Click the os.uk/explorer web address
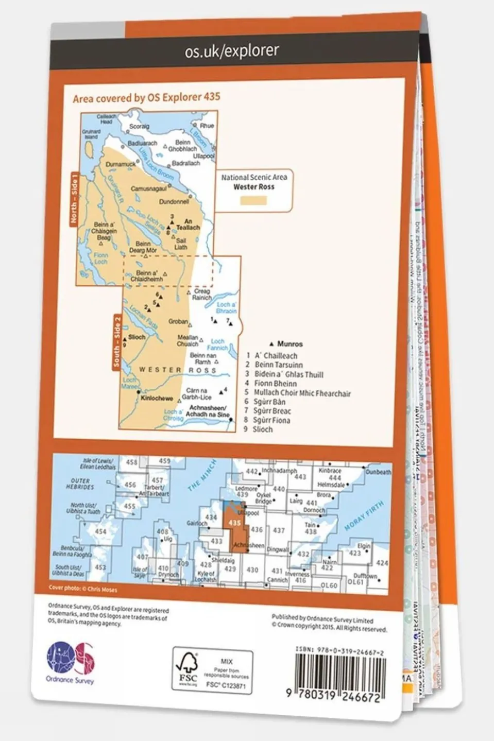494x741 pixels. pyautogui.click(x=232, y=50)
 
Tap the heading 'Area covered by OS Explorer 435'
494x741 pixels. pyautogui.click(x=146, y=97)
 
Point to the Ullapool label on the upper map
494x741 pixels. pyautogui.click(x=203, y=156)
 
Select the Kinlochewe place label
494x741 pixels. pyautogui.click(x=157, y=398)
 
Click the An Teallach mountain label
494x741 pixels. pyautogui.click(x=188, y=224)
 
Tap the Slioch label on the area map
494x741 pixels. pyautogui.click(x=137, y=337)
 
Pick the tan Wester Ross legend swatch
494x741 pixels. pyautogui.click(x=253, y=200)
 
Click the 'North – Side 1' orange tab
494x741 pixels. pyautogui.click(x=75, y=199)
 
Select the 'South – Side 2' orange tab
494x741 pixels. pyautogui.click(x=117, y=342)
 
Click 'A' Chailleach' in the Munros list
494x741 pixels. pyautogui.click(x=276, y=355)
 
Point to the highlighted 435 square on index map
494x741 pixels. pyautogui.click(x=234, y=523)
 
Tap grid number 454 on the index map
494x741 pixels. pyautogui.click(x=100, y=531)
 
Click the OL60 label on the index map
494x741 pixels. pyautogui.click(x=329, y=585)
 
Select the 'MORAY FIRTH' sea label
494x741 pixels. pyautogui.click(x=364, y=516)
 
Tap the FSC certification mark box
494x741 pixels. pyautogui.click(x=212, y=671)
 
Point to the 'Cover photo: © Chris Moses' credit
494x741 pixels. pyautogui.click(x=83, y=589)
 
